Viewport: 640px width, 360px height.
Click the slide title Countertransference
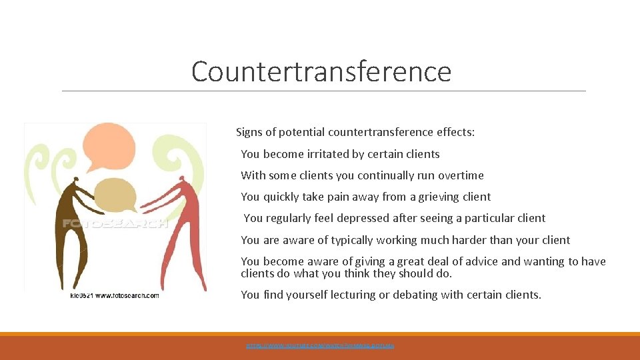click(321, 71)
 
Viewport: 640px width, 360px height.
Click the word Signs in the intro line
click(249, 133)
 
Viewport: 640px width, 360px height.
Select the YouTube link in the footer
click(320, 346)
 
